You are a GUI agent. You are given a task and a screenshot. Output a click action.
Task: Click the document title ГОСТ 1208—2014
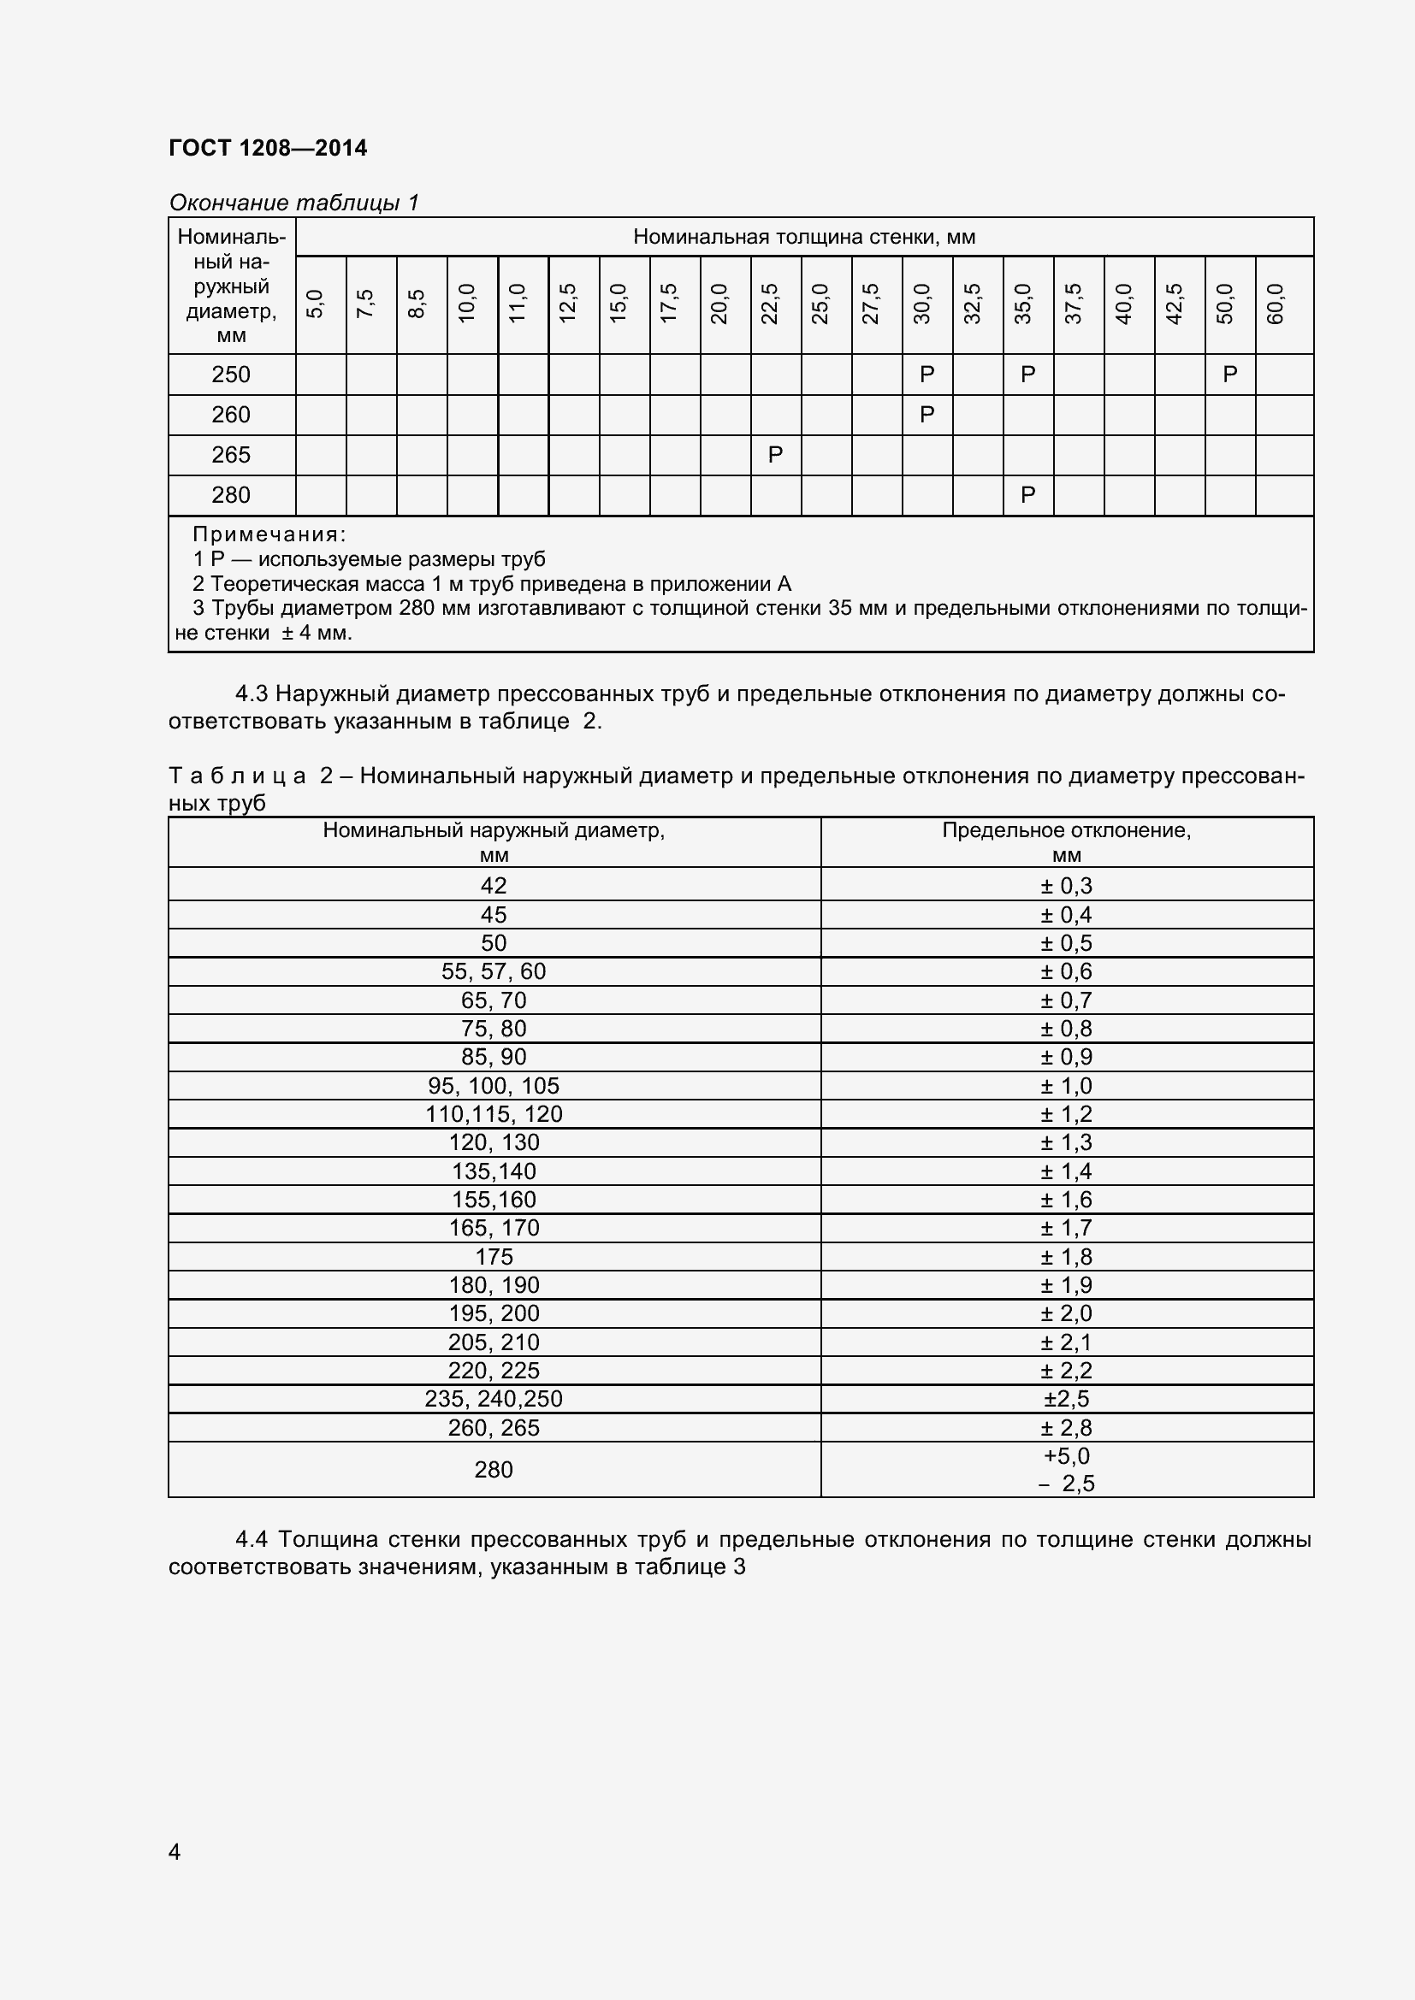tap(268, 148)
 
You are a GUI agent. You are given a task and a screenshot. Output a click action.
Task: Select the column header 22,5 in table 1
tap(769, 304)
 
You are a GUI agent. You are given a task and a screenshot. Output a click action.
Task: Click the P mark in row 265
tap(774, 455)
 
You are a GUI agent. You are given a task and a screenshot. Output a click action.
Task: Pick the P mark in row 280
tap(1027, 495)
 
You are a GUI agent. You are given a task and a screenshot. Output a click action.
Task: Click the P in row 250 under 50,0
tap(1229, 375)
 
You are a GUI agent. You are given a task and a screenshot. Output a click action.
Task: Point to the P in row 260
tap(927, 415)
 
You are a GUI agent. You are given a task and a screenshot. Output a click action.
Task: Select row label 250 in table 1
tap(231, 375)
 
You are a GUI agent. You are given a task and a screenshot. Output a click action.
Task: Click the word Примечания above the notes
tap(269, 534)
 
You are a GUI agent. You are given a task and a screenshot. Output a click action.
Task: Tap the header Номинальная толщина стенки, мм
tap(803, 237)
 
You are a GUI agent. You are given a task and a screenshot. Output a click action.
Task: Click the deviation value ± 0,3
tap(1066, 885)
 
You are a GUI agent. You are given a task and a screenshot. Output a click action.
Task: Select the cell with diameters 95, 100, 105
tap(493, 1085)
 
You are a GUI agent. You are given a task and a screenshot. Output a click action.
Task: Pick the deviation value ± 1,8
tap(1066, 1256)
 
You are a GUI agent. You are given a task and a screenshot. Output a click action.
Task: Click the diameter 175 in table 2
tap(493, 1256)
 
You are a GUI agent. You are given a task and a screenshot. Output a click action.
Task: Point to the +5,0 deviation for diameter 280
tap(1066, 1455)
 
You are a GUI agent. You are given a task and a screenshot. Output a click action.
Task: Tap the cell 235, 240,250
tap(493, 1398)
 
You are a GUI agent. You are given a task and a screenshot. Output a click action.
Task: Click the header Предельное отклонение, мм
tap(1066, 841)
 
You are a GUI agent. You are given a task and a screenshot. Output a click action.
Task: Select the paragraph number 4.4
tap(251, 1539)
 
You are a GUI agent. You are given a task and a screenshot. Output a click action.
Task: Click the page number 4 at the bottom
tap(175, 1851)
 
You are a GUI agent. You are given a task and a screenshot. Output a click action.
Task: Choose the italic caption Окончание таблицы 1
tap(293, 203)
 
